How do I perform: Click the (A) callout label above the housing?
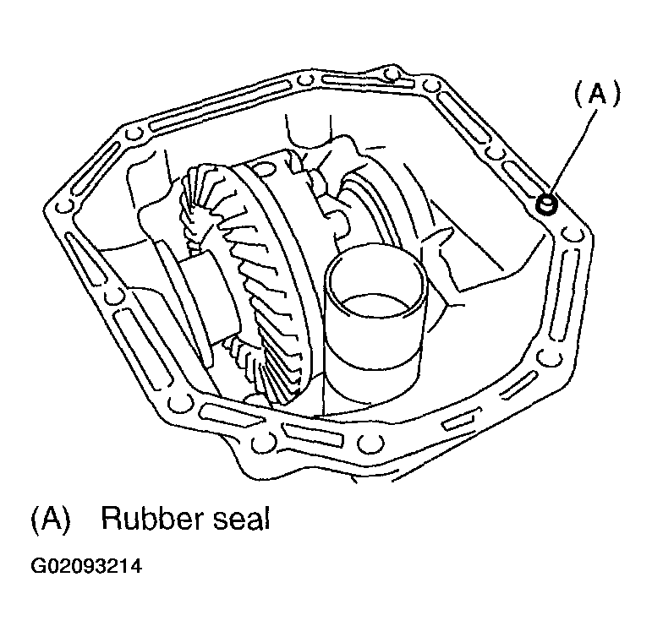click(598, 94)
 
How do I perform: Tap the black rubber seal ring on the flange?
click(545, 204)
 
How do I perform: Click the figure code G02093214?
click(86, 566)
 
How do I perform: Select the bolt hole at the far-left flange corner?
click(63, 206)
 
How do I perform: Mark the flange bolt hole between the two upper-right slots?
click(495, 153)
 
